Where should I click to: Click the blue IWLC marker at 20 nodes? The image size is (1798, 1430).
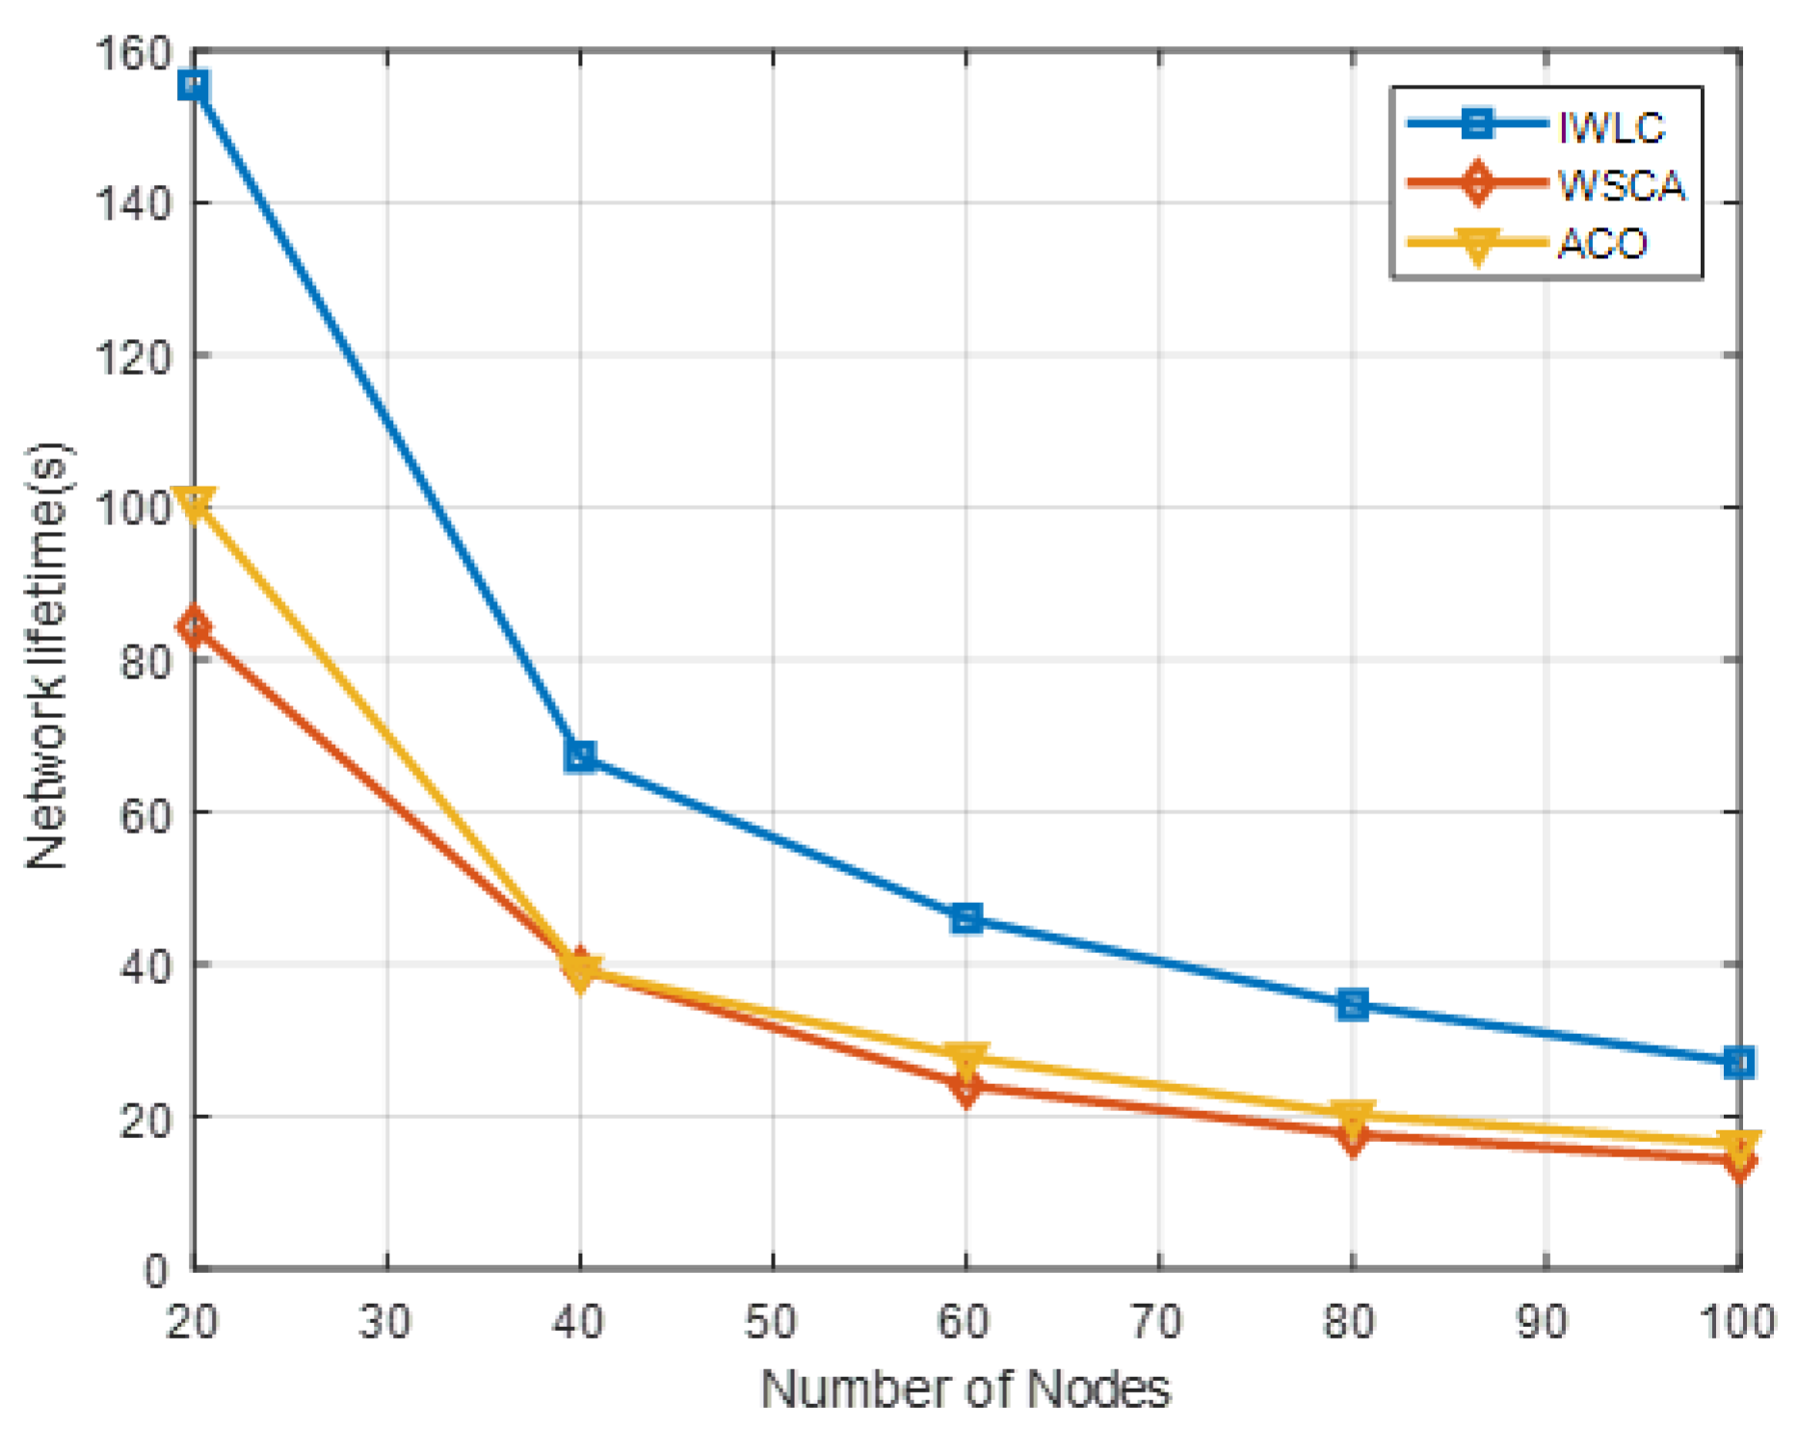pyautogui.click(x=194, y=86)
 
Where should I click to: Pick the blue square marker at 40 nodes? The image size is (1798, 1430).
pyautogui.click(x=580, y=755)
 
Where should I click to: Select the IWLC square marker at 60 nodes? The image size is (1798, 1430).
pyautogui.click(x=966, y=918)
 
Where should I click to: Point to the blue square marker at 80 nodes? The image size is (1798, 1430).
pyautogui.click(x=1353, y=1005)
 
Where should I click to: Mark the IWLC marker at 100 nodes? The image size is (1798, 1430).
pyautogui.click(x=1739, y=1063)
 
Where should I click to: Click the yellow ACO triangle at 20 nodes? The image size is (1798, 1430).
pyautogui.click(x=194, y=504)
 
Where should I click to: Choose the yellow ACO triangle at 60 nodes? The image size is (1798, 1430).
pyautogui.click(x=966, y=1058)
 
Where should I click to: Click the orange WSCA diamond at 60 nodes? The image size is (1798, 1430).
pyautogui.click(x=966, y=1087)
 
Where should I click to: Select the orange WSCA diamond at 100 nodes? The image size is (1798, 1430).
pyautogui.click(x=1739, y=1162)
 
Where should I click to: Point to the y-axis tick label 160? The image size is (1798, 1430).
pyautogui.click(x=132, y=54)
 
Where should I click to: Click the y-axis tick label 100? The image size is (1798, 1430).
pyautogui.click(x=132, y=508)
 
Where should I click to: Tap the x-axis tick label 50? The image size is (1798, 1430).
pyautogui.click(x=772, y=1321)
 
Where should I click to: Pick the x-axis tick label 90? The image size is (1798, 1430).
pyautogui.click(x=1544, y=1321)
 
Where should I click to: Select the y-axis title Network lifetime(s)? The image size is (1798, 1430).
pyautogui.click(x=46, y=655)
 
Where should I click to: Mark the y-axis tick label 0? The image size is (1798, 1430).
pyautogui.click(x=156, y=1271)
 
